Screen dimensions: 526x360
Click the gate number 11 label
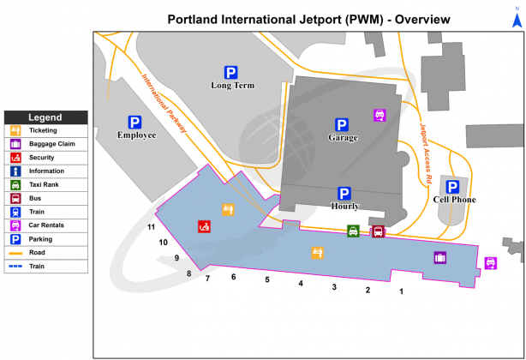tap(151, 227)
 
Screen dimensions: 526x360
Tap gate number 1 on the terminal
tap(401, 292)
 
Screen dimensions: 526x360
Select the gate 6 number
tap(233, 277)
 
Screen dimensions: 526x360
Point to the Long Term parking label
tap(230, 85)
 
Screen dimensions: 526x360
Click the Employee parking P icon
tap(134, 122)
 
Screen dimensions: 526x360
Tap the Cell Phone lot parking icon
tap(453, 186)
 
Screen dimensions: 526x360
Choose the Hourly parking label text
tap(344, 206)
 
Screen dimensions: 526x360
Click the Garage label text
tap(343, 137)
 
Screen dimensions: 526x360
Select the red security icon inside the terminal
tap(205, 227)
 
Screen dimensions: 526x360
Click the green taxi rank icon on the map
tap(353, 231)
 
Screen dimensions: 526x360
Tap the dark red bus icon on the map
tap(378, 231)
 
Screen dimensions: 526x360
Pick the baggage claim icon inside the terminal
tap(440, 257)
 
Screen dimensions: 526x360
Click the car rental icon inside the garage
tap(380, 115)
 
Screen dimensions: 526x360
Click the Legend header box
tap(45, 117)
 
